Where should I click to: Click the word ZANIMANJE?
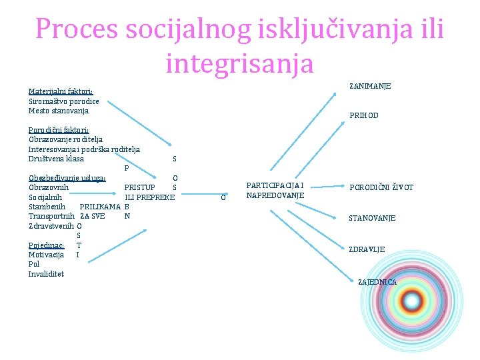[370, 86]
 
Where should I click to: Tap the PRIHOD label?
[364, 115]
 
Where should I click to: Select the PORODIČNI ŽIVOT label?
[382, 187]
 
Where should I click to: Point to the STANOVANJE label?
[372, 218]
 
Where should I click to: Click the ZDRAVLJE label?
[367, 249]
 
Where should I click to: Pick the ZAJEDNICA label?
[377, 282]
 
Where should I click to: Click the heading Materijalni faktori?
[61, 92]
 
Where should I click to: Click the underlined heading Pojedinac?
[46, 245]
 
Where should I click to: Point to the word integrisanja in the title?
[239, 63]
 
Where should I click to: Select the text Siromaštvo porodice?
[64, 101]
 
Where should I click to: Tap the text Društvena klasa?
[57, 159]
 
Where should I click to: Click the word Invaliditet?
[47, 273]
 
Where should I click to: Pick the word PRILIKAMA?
[99, 207]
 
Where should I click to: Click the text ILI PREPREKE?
[150, 197]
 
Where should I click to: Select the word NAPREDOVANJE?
[275, 195]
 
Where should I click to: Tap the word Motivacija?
[46, 255]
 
